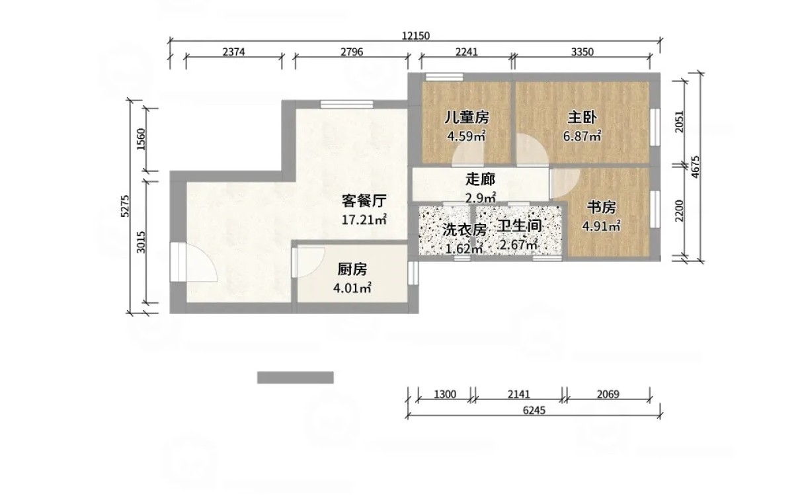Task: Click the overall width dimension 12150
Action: tap(416, 36)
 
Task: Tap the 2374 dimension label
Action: tap(234, 52)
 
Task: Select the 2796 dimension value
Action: tap(352, 52)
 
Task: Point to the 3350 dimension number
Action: tap(582, 52)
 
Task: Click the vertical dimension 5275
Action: tap(125, 206)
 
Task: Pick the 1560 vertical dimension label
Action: tap(141, 140)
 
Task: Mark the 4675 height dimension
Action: tap(695, 167)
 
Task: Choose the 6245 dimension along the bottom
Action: tap(534, 410)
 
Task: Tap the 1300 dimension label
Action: tap(445, 394)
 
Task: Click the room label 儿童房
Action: tap(467, 117)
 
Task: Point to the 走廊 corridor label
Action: tap(481, 180)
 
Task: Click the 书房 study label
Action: tap(602, 207)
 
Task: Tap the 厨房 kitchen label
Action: tap(352, 269)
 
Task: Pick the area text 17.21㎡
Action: tap(364, 220)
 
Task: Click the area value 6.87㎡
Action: tap(582, 136)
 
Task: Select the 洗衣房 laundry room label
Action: tap(464, 230)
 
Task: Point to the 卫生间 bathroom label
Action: tap(520, 226)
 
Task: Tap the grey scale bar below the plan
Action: tap(296, 378)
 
